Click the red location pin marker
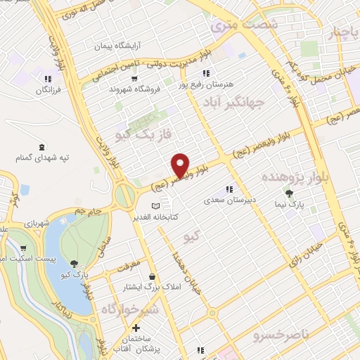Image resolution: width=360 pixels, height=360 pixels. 181,165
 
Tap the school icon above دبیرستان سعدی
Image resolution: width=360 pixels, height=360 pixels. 228,189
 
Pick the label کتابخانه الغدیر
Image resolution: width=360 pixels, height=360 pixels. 155,216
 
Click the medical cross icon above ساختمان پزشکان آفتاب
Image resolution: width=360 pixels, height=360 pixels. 136,328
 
